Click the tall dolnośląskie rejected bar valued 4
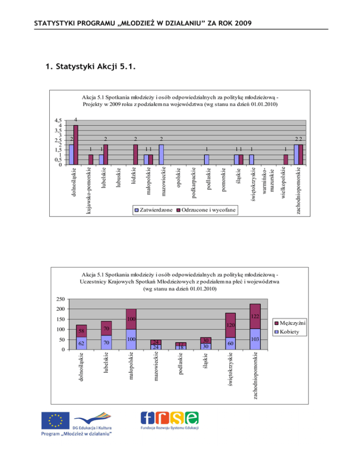[75, 144]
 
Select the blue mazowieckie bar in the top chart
[161, 154]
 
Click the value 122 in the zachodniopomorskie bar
[254, 318]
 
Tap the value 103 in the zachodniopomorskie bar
[254, 338]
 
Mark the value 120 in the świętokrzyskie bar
[230, 325]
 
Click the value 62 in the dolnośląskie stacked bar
[81, 343]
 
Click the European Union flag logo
[55, 420]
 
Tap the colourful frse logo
[170, 418]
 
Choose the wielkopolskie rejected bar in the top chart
[285, 159]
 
